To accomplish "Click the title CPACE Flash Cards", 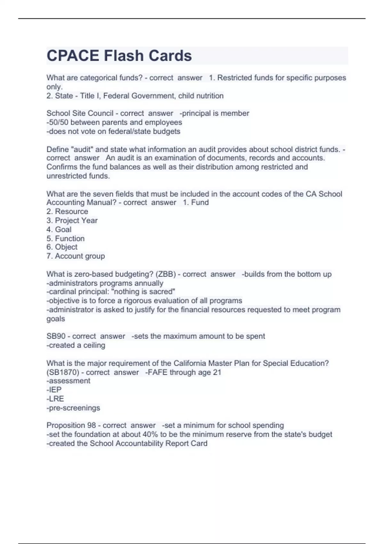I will tap(119, 56).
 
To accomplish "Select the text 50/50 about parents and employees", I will tap(59, 122).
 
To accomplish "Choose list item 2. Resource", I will tap(67, 212).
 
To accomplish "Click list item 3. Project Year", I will tap(72, 220).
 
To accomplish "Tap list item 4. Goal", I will tap(59, 229).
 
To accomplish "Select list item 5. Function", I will tap(66, 238).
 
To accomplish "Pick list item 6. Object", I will tap(62, 247).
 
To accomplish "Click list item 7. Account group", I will tap(76, 256).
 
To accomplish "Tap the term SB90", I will tap(56, 336).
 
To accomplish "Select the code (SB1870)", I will tap(63, 372).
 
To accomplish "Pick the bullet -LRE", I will tap(55, 399).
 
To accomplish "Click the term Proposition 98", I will tap(71, 425).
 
